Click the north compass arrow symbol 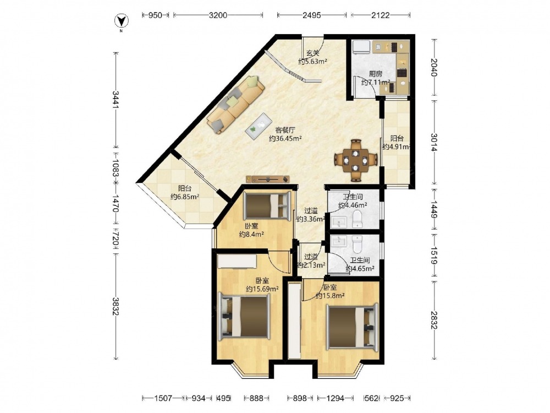[x=122, y=21]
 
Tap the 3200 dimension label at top [x=218, y=15]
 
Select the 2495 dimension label [x=311, y=15]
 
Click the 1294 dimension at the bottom [x=335, y=398]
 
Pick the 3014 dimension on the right [x=435, y=142]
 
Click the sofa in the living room [x=235, y=104]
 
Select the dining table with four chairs [x=356, y=160]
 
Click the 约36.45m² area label [x=285, y=138]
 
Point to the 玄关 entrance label [x=313, y=53]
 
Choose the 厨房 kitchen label [x=375, y=74]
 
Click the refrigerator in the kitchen [x=361, y=47]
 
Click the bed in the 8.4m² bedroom [x=267, y=205]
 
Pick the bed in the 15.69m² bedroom [x=244, y=318]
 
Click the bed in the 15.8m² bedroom [x=352, y=327]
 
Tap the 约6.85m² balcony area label [x=185, y=197]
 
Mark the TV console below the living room [x=268, y=179]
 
